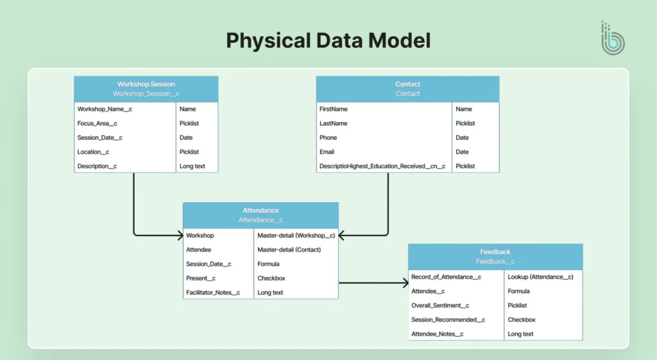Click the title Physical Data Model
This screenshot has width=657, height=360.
(328, 40)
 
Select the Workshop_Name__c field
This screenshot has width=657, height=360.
(105, 109)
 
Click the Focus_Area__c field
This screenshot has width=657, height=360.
(98, 123)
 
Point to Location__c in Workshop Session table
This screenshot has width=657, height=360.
(93, 152)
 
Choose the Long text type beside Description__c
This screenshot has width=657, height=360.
(192, 166)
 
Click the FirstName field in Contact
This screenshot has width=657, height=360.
(334, 109)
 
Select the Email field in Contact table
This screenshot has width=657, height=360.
(327, 152)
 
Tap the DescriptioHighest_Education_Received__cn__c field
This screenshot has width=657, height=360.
(382, 166)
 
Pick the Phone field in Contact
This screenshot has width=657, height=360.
(328, 137)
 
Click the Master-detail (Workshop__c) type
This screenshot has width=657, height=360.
(296, 236)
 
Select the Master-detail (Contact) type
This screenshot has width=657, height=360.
(289, 250)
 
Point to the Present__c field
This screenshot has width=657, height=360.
(201, 279)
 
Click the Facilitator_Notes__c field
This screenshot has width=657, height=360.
(213, 293)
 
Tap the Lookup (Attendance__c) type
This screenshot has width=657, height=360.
(540, 277)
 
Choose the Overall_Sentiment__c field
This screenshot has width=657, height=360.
(440, 305)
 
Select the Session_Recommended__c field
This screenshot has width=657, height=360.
(448, 320)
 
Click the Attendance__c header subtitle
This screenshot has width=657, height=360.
(260, 220)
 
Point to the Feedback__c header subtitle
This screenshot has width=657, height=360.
(495, 262)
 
